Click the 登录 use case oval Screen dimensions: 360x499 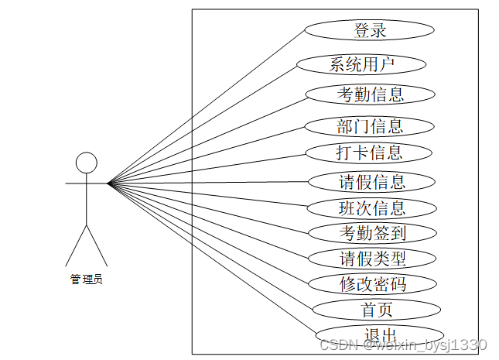(x=369, y=30)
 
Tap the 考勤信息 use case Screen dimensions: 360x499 (x=370, y=94)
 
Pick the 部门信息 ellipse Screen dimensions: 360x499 (x=369, y=125)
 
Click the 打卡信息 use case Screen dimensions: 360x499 (x=368, y=153)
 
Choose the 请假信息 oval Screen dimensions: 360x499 (x=372, y=182)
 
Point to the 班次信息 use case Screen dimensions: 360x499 (x=372, y=207)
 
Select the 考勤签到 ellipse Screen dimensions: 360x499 (x=373, y=231)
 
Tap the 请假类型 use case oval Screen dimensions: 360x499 (x=373, y=258)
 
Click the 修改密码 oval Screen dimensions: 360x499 (x=373, y=283)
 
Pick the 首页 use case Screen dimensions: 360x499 (x=377, y=310)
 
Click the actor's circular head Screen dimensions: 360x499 (x=86, y=163)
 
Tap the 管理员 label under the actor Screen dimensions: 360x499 (x=86, y=279)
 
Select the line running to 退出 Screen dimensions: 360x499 (x=213, y=259)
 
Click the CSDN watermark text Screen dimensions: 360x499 (x=402, y=345)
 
